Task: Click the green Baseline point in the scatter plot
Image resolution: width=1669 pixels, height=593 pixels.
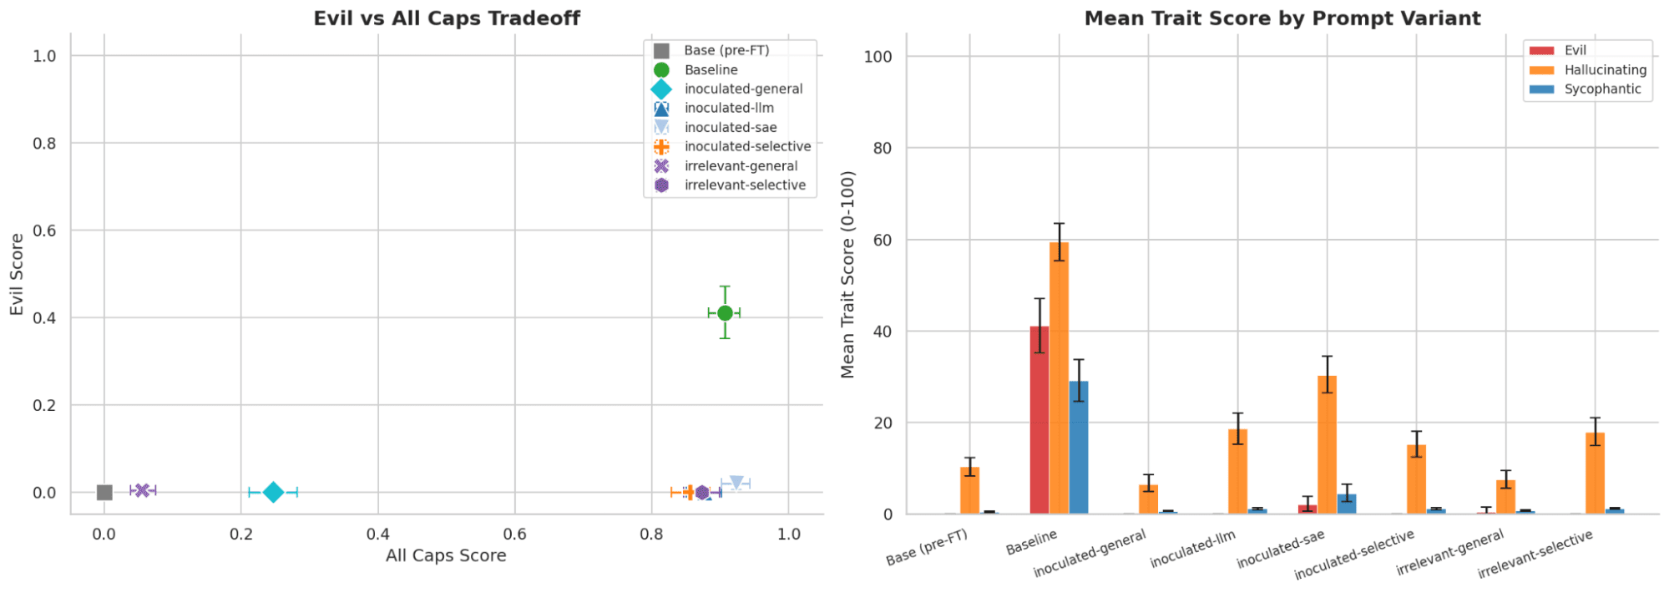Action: click(x=725, y=313)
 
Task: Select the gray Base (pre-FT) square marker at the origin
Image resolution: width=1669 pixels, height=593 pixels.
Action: click(x=104, y=492)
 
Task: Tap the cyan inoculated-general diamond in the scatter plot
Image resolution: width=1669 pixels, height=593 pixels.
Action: click(x=273, y=492)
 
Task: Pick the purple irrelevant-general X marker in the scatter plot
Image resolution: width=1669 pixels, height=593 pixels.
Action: click(x=143, y=490)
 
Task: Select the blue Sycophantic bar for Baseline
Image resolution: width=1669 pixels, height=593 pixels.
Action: click(x=1079, y=448)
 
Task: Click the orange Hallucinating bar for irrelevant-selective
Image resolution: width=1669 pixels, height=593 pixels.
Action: click(x=1595, y=474)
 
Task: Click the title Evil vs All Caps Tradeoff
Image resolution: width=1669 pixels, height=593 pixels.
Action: click(x=447, y=18)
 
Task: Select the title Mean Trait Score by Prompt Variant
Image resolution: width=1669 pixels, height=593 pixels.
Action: click(x=1282, y=18)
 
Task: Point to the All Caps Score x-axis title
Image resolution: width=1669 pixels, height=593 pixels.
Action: click(x=446, y=555)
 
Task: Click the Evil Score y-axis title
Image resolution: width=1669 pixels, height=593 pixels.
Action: click(x=17, y=274)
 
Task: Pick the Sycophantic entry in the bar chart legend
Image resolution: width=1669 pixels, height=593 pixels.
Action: click(x=1602, y=89)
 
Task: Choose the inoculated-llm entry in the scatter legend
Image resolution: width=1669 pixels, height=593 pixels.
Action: click(x=729, y=108)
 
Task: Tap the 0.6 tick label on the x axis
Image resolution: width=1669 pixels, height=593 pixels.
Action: click(x=514, y=534)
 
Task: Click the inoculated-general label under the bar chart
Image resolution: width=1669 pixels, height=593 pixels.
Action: click(x=1090, y=553)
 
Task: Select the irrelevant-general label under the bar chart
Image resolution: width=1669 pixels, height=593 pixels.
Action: click(x=1449, y=552)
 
